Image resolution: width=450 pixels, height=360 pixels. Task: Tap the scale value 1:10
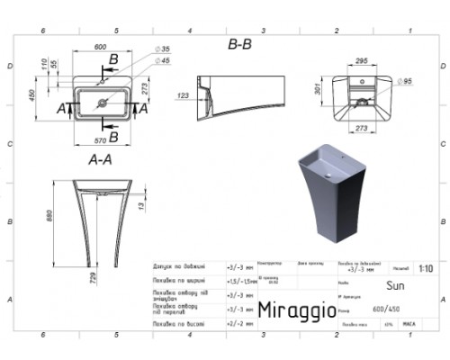[425, 268]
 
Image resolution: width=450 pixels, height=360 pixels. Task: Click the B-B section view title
[238, 42]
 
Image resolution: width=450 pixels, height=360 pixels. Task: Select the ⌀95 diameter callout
[405, 82]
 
